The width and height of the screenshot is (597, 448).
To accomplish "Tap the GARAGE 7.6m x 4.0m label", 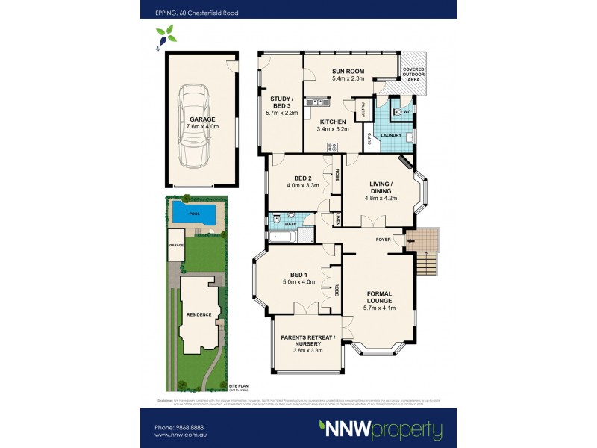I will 201,124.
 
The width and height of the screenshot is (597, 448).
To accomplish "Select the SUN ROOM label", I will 348,73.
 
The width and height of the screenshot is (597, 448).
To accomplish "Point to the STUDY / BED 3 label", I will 281,106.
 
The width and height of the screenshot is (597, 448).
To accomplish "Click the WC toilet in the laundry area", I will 397,112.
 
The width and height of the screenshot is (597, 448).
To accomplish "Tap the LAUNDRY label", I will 392,135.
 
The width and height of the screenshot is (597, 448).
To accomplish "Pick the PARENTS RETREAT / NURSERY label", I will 308,343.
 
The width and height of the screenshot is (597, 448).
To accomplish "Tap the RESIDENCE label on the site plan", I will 199,314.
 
